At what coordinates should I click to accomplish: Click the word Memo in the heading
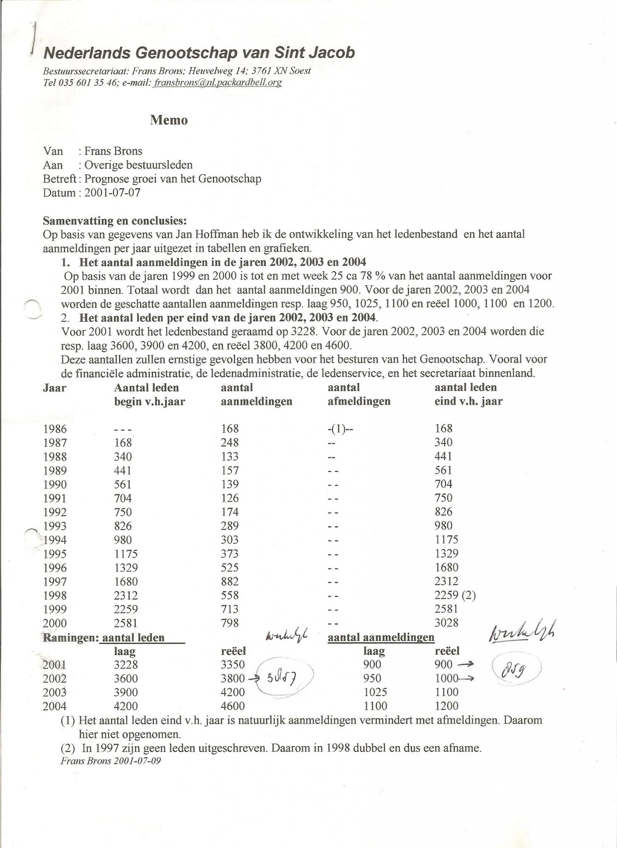169,120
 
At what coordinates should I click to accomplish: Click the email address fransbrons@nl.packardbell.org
218,82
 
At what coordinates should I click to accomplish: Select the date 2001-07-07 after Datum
112,193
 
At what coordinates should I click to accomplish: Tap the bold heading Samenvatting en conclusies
115,221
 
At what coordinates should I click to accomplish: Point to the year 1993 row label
55,526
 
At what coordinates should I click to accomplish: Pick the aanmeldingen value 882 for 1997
230,581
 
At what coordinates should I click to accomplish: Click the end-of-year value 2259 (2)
455,595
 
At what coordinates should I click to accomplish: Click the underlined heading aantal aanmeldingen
381,638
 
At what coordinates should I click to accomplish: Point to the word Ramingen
70,638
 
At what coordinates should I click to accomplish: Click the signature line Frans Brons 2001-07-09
111,761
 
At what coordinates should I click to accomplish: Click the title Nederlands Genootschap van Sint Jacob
199,53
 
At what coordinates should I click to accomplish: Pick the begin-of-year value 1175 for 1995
126,554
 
